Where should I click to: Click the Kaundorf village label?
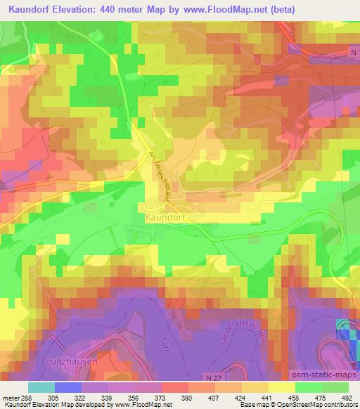[167, 218]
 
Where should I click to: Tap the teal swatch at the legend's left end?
[41, 387]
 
